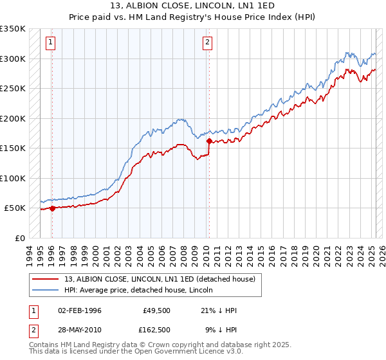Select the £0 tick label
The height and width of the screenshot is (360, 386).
click(19, 238)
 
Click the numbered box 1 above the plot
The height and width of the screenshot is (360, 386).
click(51, 43)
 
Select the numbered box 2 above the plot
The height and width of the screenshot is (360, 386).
click(208, 43)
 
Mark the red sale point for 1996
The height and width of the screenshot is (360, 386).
click(52, 208)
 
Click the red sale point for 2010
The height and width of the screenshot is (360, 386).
click(209, 140)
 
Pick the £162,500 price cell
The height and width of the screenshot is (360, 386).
click(156, 329)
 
